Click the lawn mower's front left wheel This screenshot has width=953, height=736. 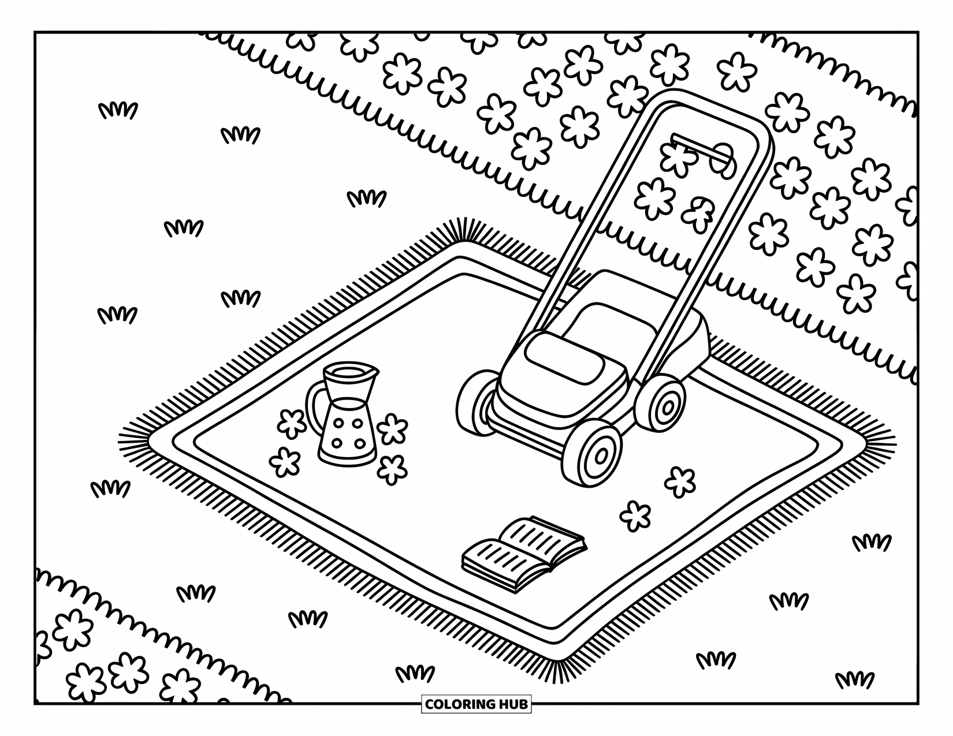pyautogui.click(x=477, y=401)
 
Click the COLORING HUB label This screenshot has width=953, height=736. pyautogui.click(x=477, y=704)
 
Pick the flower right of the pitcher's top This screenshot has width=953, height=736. pyautogui.click(x=393, y=428)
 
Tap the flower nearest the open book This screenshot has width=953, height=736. pyautogui.click(x=635, y=515)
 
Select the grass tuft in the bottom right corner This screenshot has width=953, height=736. pyautogui.click(x=855, y=680)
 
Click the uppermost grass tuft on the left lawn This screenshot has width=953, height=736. pyautogui.click(x=118, y=110)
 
